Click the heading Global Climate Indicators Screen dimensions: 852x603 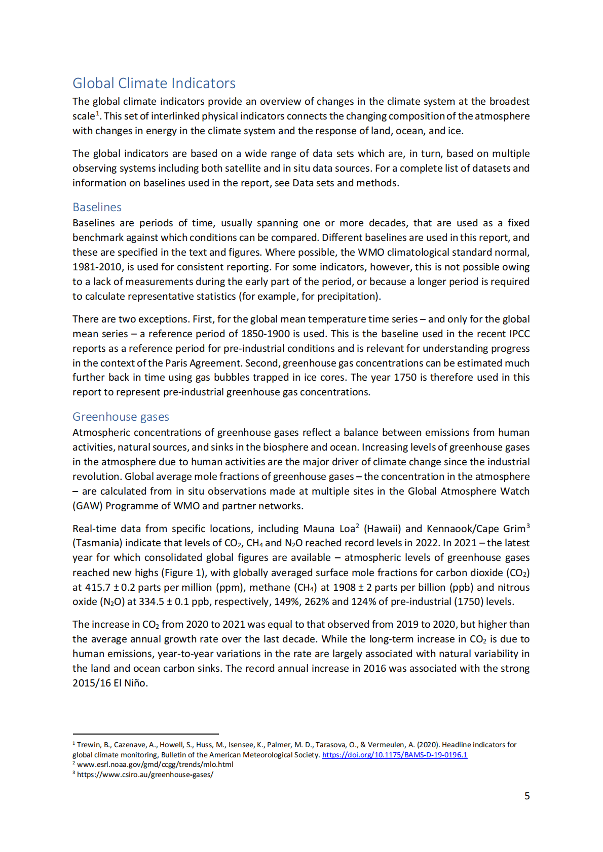click(154, 84)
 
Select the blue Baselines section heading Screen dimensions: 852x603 click(97, 207)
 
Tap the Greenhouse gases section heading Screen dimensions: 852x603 click(121, 417)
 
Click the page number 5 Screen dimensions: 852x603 click(527, 796)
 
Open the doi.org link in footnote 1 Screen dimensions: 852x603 click(395, 755)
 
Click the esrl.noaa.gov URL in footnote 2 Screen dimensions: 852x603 click(155, 764)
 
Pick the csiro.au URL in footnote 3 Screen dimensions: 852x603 click(145, 775)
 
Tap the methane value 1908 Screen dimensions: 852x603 click(344, 587)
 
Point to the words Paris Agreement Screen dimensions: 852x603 click(204, 363)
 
